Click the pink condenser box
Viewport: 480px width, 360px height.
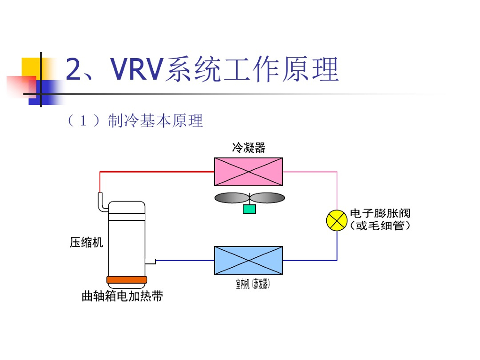pos(248,172)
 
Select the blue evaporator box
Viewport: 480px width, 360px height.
pos(248,260)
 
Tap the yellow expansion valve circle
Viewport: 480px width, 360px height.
pos(337,221)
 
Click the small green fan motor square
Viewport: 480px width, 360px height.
pos(249,209)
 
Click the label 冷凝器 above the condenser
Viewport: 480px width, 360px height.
pos(248,148)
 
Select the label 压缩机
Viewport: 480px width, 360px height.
pos(86,243)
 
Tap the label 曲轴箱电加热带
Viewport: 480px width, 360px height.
pos(122,296)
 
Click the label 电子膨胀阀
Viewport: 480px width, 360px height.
pos(380,213)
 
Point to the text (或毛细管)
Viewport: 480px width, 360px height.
pos(380,226)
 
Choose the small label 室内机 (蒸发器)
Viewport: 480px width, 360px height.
pos(253,284)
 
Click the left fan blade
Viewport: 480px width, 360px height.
pos(231,198)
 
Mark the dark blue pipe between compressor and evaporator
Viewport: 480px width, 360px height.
pos(185,260)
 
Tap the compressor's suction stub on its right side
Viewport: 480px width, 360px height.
pos(150,261)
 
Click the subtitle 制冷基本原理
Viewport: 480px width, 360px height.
pos(155,121)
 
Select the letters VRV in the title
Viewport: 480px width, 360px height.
pos(136,69)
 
